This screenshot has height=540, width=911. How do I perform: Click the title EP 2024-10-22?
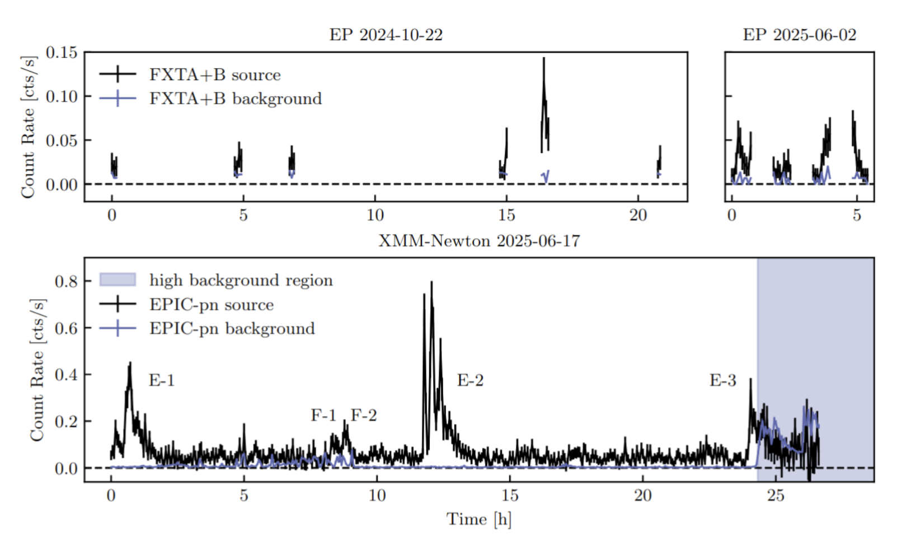pyautogui.click(x=386, y=35)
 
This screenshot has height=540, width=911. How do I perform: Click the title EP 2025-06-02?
pyautogui.click(x=799, y=35)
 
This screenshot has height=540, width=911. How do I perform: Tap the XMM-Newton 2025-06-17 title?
pyautogui.click(x=479, y=241)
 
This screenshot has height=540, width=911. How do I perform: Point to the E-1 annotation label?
pyautogui.click(x=162, y=380)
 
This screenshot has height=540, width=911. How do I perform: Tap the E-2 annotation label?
pyautogui.click(x=470, y=380)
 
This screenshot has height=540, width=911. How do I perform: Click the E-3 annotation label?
pyautogui.click(x=723, y=380)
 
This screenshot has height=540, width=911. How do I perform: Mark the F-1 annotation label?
pyautogui.click(x=323, y=415)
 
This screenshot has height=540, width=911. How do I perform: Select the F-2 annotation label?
pyautogui.click(x=364, y=415)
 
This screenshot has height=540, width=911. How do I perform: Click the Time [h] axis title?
pyautogui.click(x=479, y=519)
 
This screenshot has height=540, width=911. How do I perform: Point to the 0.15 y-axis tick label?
pyautogui.click(x=62, y=53)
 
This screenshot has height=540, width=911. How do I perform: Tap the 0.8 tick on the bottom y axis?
pyautogui.click(x=66, y=281)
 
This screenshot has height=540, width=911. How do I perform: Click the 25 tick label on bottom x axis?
pyautogui.click(x=776, y=495)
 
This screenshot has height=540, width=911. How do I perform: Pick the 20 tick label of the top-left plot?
pyautogui.click(x=638, y=215)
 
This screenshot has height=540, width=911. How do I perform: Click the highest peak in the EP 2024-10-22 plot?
pyautogui.click(x=543, y=58)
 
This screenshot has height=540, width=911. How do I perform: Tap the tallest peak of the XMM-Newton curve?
pyautogui.click(x=431, y=282)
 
